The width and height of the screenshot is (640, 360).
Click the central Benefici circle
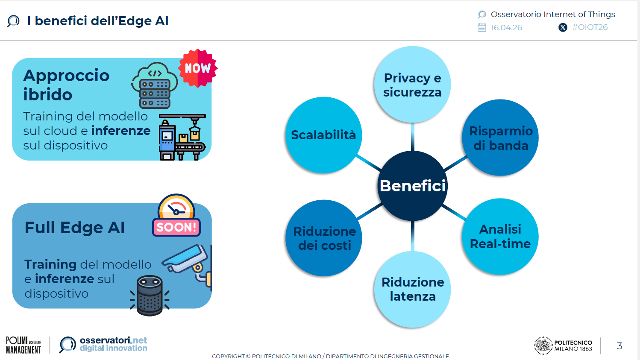click(x=412, y=186)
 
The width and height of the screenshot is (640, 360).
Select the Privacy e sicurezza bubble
click(x=412, y=85)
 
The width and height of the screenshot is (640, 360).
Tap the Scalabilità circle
click(x=323, y=135)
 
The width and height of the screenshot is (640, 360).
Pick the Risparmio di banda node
click(x=500, y=138)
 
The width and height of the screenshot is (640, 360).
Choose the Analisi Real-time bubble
click(x=500, y=236)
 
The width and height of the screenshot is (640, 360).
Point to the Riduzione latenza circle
click(x=412, y=289)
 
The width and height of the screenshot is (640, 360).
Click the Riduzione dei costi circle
click(x=324, y=238)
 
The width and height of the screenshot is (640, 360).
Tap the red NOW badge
click(x=198, y=68)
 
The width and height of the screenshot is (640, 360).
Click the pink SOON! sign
click(x=176, y=227)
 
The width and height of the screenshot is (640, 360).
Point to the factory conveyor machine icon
click(x=182, y=137)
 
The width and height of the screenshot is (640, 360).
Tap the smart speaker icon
click(x=150, y=295)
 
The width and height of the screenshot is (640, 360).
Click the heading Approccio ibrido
click(x=66, y=85)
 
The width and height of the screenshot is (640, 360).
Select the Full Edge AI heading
click(x=75, y=228)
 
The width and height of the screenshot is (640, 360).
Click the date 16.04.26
click(x=506, y=28)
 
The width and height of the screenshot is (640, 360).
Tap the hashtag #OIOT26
click(x=590, y=27)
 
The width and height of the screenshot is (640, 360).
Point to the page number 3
click(x=619, y=346)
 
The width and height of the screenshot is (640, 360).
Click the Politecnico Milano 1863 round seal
click(x=543, y=345)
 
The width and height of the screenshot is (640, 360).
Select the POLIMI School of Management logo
click(x=23, y=345)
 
